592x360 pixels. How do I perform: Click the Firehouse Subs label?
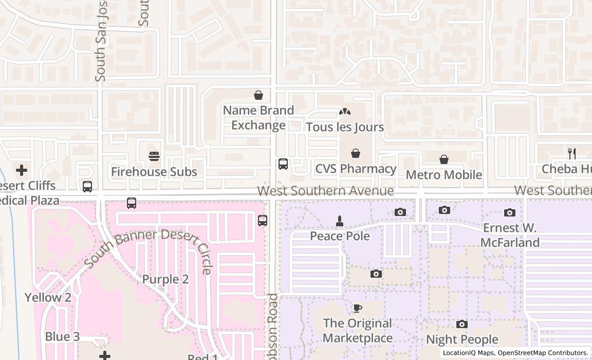click(x=154, y=172)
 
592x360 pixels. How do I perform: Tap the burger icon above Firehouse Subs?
click(x=154, y=156)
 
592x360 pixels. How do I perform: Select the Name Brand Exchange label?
click(x=258, y=118)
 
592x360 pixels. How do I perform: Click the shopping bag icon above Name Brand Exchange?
click(x=258, y=95)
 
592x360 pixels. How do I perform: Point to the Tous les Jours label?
click(x=345, y=127)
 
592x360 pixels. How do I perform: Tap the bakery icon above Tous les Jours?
click(x=344, y=112)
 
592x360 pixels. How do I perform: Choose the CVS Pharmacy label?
click(x=356, y=169)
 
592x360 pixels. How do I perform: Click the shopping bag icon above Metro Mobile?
click(x=444, y=160)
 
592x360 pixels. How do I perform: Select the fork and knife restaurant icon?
click(x=571, y=153)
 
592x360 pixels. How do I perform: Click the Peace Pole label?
click(x=340, y=236)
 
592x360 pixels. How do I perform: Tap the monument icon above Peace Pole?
click(x=339, y=221)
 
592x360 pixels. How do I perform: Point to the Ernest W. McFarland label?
click(x=510, y=235)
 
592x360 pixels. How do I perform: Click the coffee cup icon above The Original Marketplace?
click(x=358, y=308)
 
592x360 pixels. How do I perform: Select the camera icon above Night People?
click(x=462, y=324)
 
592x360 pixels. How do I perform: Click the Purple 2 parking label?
click(x=165, y=279)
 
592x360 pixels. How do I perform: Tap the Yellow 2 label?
click(x=48, y=297)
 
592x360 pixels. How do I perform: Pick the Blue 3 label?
click(x=62, y=337)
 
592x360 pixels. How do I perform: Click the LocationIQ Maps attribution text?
click(x=468, y=353)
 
